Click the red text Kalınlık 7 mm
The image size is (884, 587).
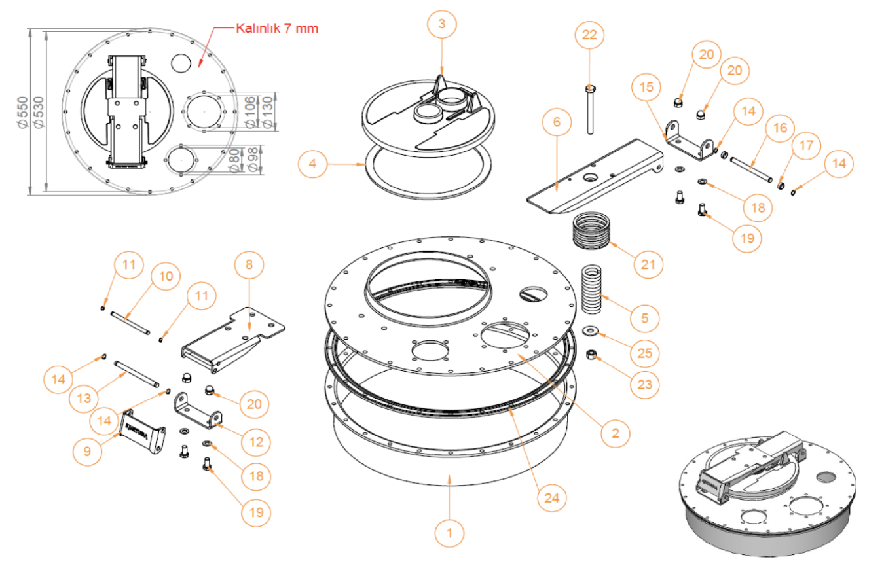click(277, 28)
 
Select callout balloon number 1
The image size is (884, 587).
click(449, 533)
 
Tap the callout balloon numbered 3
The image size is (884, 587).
click(442, 24)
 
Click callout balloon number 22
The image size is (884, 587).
click(589, 35)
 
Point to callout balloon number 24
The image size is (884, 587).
click(552, 498)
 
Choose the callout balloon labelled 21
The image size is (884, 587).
click(648, 264)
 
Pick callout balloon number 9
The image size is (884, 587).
click(87, 451)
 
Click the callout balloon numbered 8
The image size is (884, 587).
click(249, 265)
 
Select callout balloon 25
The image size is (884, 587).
click(645, 353)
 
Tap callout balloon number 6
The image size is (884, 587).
click(557, 122)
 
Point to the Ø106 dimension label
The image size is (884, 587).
click(249, 113)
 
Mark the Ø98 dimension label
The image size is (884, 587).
click(249, 160)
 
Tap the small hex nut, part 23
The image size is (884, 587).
click(590, 355)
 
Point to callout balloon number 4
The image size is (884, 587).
click(312, 163)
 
